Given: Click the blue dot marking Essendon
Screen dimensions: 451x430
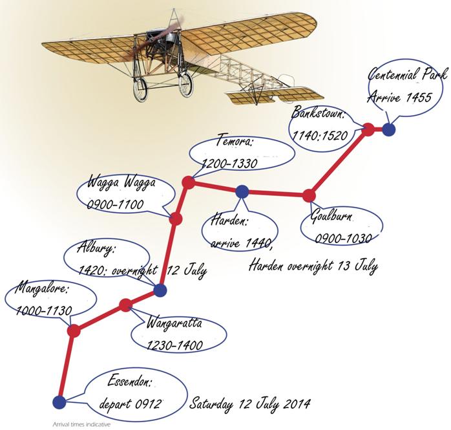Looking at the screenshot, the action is (59, 402).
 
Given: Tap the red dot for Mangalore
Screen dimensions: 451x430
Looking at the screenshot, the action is (74, 330).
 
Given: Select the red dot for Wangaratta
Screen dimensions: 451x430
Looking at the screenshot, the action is (125, 305).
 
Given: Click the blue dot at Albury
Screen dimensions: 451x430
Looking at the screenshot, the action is (160, 290).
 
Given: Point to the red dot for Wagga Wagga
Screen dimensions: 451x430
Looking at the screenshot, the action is (176, 219).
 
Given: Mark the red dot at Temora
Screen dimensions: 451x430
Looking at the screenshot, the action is (189, 182).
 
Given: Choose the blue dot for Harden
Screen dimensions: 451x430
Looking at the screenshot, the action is (242, 191).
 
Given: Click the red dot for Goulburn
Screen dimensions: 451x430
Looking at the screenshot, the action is (309, 196).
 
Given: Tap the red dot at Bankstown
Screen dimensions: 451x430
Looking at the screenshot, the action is (368, 129).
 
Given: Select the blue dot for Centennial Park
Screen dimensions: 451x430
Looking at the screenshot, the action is (388, 129).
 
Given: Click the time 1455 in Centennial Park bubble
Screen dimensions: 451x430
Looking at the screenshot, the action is (419, 98).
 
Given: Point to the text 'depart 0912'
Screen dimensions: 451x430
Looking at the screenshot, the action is (130, 403).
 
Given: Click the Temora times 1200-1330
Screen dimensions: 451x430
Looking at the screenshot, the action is (229, 164).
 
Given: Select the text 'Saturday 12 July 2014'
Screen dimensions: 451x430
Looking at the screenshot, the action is (249, 403).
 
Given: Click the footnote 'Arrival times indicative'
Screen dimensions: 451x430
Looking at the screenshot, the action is (81, 424).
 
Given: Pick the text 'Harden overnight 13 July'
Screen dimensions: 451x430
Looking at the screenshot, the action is (313, 266).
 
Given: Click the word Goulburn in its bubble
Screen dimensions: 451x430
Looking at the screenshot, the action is (331, 216).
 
